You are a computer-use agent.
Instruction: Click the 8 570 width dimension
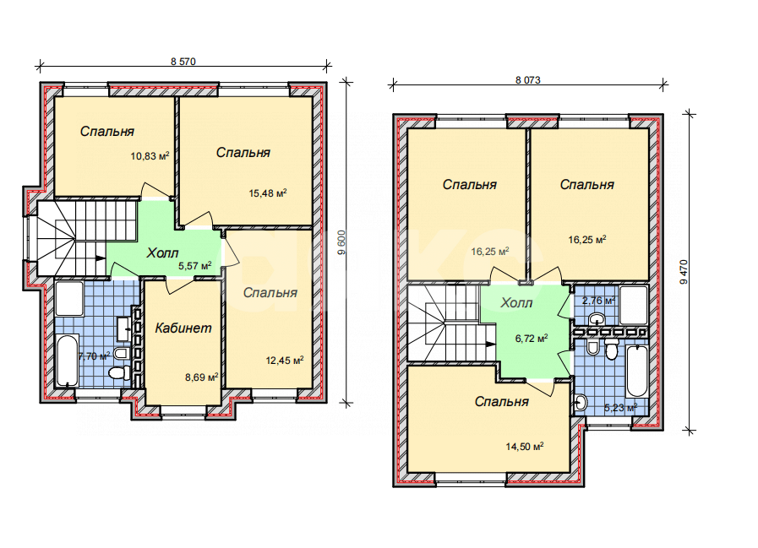[x=183, y=62]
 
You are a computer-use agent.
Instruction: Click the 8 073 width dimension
[x=528, y=80]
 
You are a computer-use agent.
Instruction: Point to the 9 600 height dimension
[x=341, y=242]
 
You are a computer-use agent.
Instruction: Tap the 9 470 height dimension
[x=684, y=272]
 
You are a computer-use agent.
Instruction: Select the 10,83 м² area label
[x=150, y=156]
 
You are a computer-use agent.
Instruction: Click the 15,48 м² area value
[x=268, y=193]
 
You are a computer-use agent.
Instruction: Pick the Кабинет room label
[x=183, y=328]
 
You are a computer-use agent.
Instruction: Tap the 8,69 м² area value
[x=202, y=377]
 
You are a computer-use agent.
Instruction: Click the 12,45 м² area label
[x=285, y=360]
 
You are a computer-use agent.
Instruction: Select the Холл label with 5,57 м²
[x=162, y=252]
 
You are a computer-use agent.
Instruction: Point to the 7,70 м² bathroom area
[x=95, y=356]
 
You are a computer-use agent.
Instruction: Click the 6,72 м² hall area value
[x=532, y=339]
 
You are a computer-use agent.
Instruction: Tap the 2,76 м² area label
[x=598, y=301]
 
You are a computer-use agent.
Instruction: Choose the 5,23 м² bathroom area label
[x=621, y=407]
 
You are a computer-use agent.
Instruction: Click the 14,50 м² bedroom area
[x=525, y=447]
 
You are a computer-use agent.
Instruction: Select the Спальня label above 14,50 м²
[x=502, y=402]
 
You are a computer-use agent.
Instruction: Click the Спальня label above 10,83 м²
[x=106, y=132]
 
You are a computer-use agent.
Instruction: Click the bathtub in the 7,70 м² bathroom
[x=68, y=361]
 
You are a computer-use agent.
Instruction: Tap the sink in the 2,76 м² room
[x=597, y=318]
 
